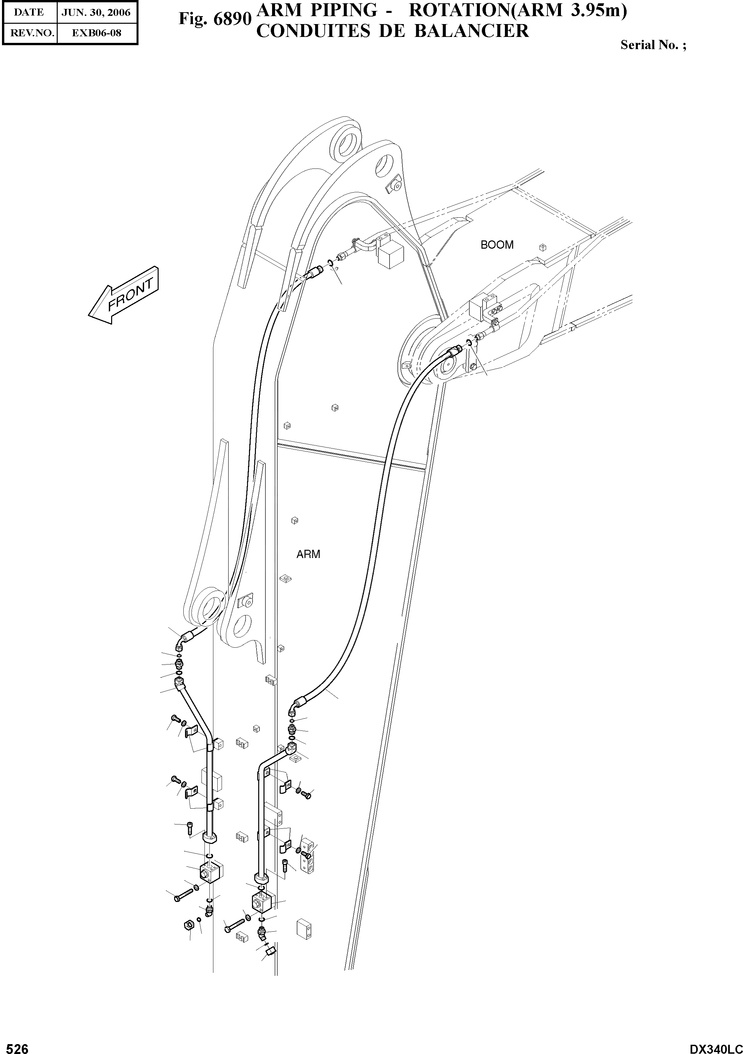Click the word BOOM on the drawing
(497, 245)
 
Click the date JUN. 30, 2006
(96, 13)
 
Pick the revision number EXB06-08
(96, 33)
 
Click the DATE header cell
(29, 13)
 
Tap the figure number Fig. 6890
(215, 19)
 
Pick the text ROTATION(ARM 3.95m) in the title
(518, 11)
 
